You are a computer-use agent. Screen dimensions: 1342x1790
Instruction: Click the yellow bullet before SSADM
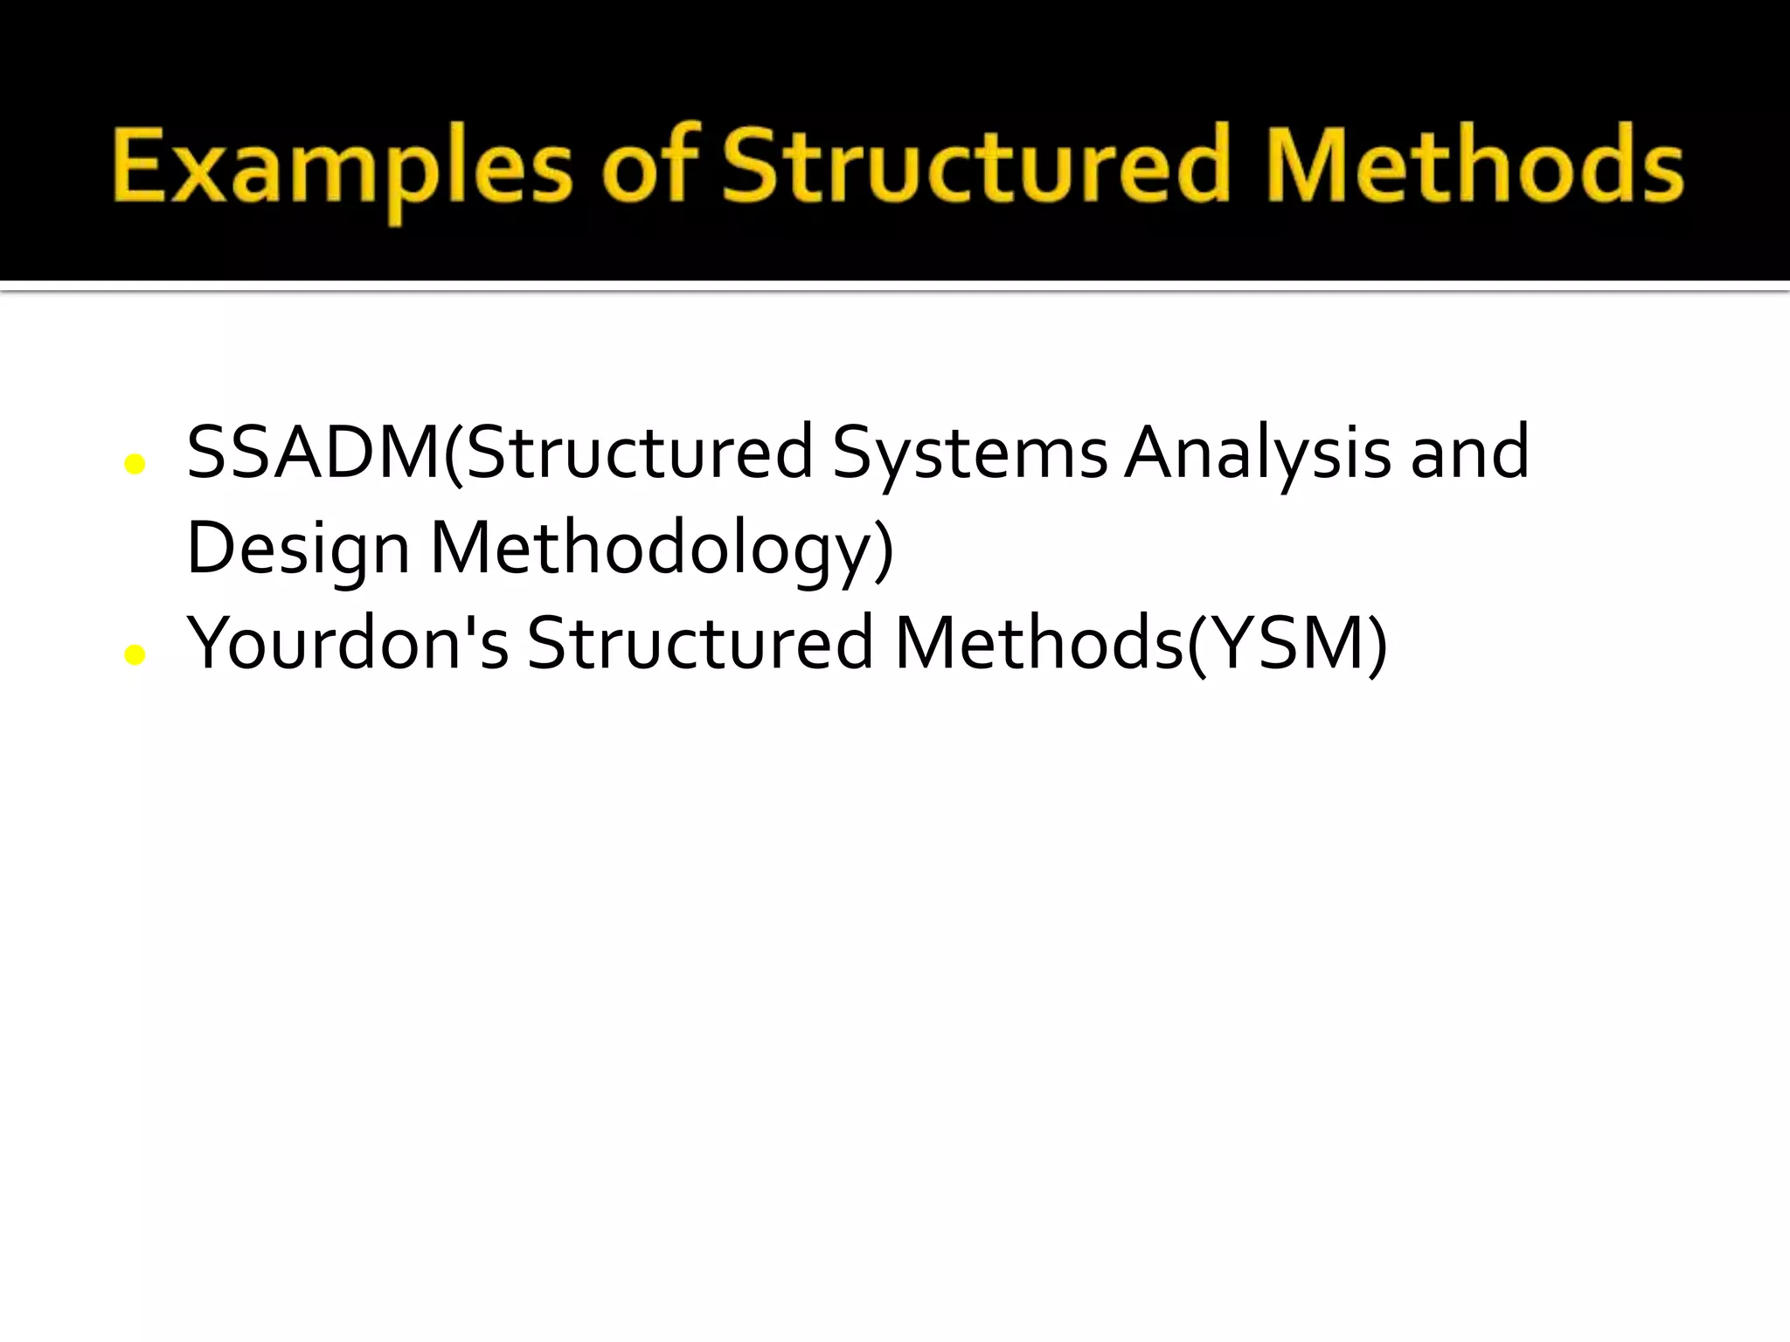click(135, 464)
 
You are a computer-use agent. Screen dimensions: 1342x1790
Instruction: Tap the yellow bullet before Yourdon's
click(135, 654)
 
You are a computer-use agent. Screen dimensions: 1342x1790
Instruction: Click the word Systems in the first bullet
click(969, 453)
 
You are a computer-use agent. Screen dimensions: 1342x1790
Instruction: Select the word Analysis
click(1257, 453)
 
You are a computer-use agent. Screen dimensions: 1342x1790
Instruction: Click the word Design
click(298, 550)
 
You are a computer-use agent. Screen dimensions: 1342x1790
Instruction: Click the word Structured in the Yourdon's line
click(700, 645)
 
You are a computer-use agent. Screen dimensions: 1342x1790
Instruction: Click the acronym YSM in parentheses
click(1289, 645)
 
